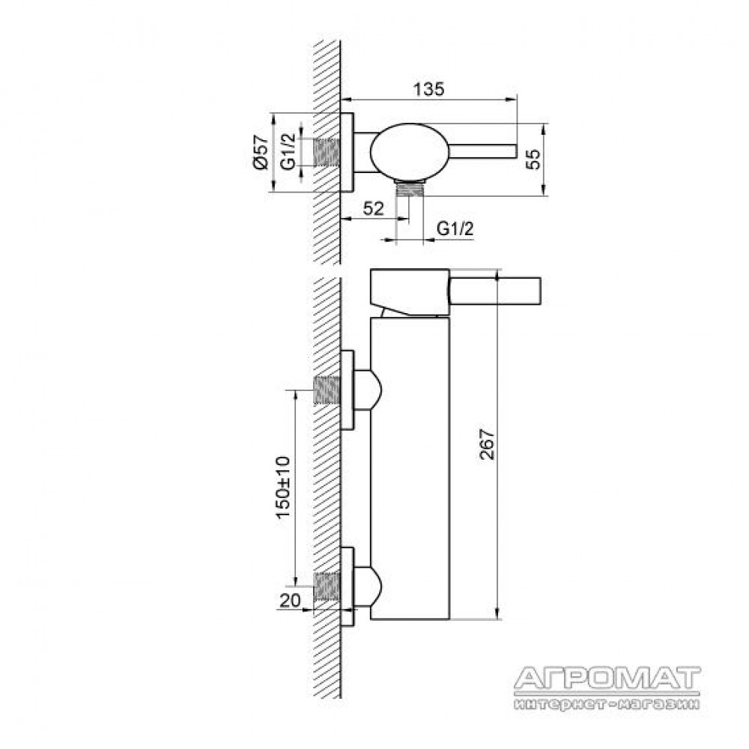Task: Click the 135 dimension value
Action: click(x=428, y=89)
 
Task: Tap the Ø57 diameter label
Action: click(x=261, y=152)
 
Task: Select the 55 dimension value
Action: click(x=533, y=159)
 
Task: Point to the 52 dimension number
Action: click(x=373, y=209)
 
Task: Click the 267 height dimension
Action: click(x=488, y=444)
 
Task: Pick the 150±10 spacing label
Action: click(x=283, y=487)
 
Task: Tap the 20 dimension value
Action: click(x=290, y=600)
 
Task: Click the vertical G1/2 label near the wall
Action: click(x=288, y=152)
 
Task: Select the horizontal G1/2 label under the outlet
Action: click(x=455, y=228)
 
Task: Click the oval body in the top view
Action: click(x=410, y=152)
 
